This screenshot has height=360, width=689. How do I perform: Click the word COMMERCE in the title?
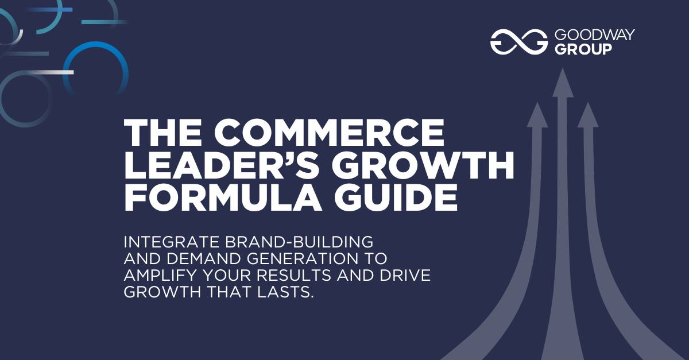point(329,133)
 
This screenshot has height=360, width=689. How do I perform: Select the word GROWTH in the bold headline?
point(423,165)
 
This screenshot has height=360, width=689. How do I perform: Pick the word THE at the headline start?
point(163,133)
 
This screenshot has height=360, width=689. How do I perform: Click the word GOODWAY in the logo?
point(595,35)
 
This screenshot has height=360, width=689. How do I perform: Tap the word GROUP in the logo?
point(583,49)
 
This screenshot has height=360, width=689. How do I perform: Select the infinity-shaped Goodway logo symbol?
point(519,42)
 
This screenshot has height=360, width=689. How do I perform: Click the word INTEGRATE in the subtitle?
point(172,242)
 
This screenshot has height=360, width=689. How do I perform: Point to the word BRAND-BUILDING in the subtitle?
point(299,242)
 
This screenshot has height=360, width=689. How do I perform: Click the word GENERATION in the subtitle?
point(303,258)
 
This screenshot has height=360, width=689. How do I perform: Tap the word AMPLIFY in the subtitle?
point(160,275)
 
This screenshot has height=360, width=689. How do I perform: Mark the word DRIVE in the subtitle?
point(405,275)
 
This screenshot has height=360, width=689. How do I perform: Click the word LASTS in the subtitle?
point(285,292)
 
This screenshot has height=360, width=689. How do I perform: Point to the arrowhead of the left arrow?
point(537,115)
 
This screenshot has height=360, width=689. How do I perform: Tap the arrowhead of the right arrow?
point(588,115)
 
